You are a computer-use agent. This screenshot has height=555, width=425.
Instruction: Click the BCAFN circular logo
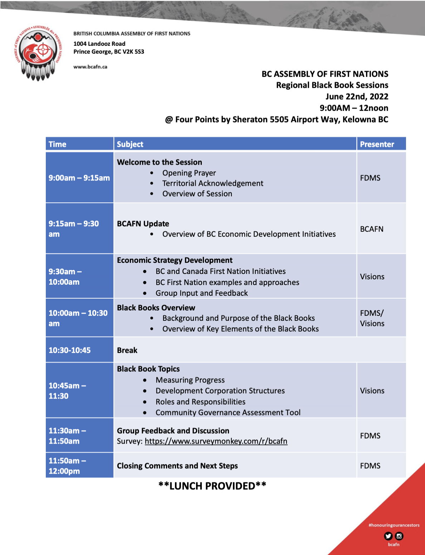tap(38, 52)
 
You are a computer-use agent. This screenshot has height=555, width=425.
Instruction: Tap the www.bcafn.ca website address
tap(90, 67)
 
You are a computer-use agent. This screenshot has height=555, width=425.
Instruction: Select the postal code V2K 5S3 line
tap(109, 52)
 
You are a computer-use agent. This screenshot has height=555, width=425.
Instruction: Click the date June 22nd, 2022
tap(357, 97)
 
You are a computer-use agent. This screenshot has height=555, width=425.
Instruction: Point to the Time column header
tap(58, 144)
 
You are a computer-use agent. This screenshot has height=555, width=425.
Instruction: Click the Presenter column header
tap(377, 144)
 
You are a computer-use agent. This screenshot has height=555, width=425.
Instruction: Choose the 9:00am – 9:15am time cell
tap(79, 178)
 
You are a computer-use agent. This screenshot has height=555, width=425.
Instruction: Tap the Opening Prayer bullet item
tap(189, 173)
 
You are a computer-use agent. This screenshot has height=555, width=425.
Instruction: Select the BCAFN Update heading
tap(143, 224)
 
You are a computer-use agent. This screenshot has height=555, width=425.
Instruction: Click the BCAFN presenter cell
tap(372, 229)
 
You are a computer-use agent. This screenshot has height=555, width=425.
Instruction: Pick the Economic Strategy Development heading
tap(175, 260)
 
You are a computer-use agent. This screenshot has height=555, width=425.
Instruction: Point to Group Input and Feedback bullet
tap(201, 293)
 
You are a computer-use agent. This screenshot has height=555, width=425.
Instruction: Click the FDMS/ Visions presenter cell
tap(372, 318)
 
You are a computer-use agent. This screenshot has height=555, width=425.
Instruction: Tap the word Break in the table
tap(127, 350)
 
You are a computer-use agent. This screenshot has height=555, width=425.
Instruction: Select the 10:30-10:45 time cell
tap(70, 350)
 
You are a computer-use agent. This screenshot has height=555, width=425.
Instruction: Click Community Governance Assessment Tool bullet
tap(228, 412)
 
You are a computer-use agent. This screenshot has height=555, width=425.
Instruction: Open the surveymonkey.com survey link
tap(216, 441)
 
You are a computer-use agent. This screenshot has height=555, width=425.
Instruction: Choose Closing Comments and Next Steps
tap(177, 466)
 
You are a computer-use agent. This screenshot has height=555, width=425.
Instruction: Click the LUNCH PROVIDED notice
tap(212, 486)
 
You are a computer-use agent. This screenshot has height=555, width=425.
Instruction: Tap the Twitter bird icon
tap(388, 536)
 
